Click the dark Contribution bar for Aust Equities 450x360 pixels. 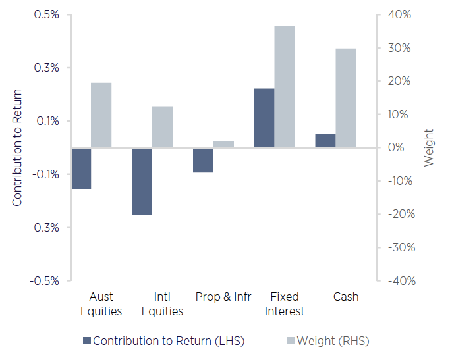pyautogui.click(x=81, y=168)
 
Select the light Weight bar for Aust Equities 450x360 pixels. pyautogui.click(x=101, y=115)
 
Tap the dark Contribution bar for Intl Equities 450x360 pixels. pyautogui.click(x=142, y=181)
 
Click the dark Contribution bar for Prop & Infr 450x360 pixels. pyautogui.click(x=203, y=160)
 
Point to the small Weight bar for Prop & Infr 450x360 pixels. pyautogui.click(x=223, y=144)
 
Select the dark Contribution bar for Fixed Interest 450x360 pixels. pyautogui.click(x=264, y=118)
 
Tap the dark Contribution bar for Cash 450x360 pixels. pyautogui.click(x=325, y=141)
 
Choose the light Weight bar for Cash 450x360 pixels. pyautogui.click(x=346, y=98)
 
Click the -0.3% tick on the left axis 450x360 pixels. pyautogui.click(x=45, y=228)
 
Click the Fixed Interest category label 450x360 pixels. pyautogui.click(x=285, y=303)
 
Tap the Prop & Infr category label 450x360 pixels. pyautogui.click(x=223, y=297)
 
